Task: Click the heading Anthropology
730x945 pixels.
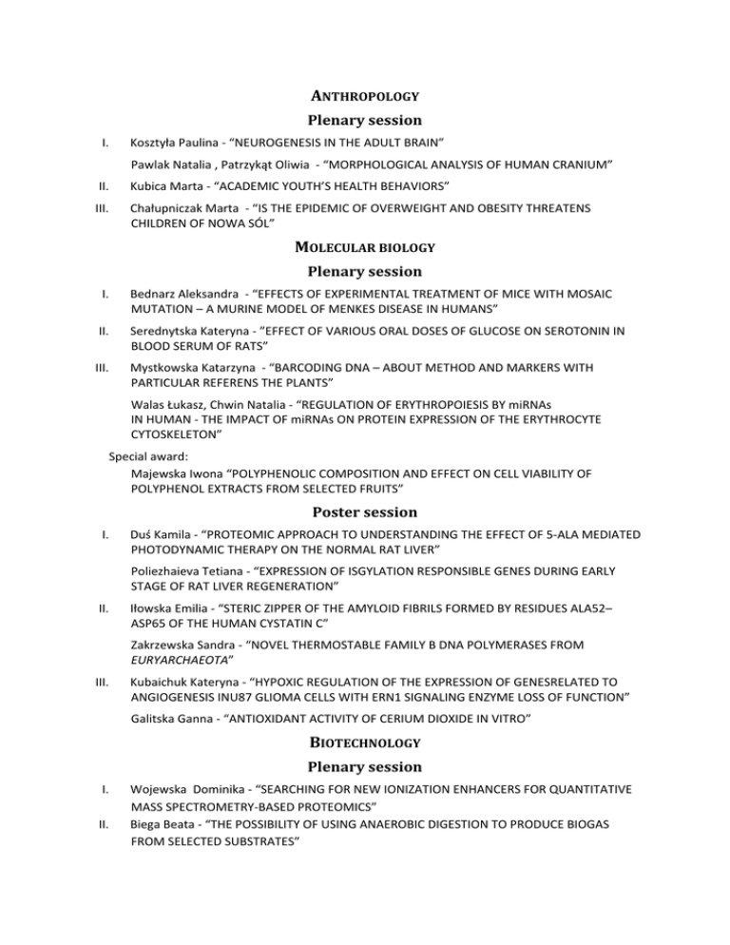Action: click(x=366, y=96)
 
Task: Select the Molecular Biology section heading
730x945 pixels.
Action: click(x=365, y=247)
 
